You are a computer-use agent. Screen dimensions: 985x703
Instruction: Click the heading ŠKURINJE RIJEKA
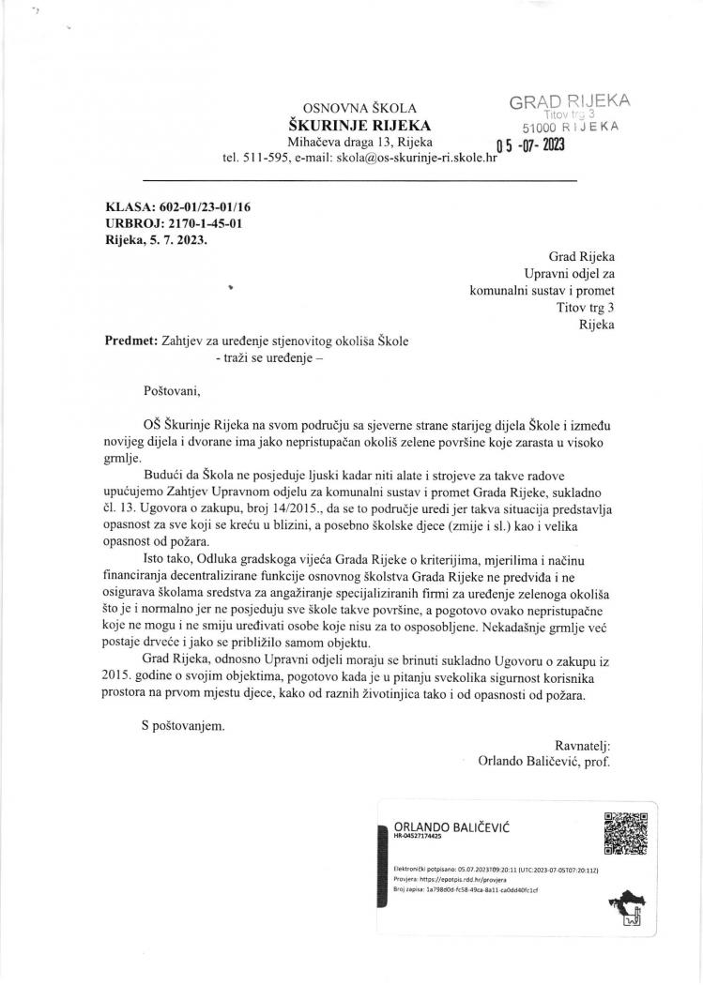click(x=360, y=126)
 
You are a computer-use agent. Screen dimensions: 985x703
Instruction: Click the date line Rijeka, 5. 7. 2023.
click(x=157, y=240)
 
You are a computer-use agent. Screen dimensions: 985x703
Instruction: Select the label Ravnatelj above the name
click(x=582, y=745)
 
